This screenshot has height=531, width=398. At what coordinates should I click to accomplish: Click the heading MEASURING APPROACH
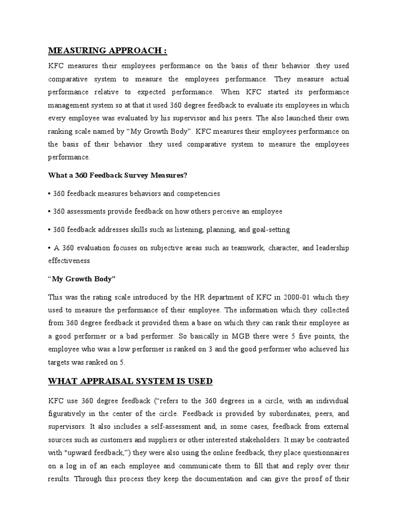pyautogui.click(x=108, y=50)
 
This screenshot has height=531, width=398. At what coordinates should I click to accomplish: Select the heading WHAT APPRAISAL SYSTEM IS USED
pyautogui.click(x=130, y=381)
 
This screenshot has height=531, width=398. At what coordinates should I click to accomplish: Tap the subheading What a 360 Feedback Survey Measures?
pyautogui.click(x=118, y=175)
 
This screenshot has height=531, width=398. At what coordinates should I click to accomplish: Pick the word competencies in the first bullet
pyautogui.click(x=196, y=193)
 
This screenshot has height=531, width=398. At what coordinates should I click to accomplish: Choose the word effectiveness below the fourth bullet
pyautogui.click(x=69, y=261)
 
